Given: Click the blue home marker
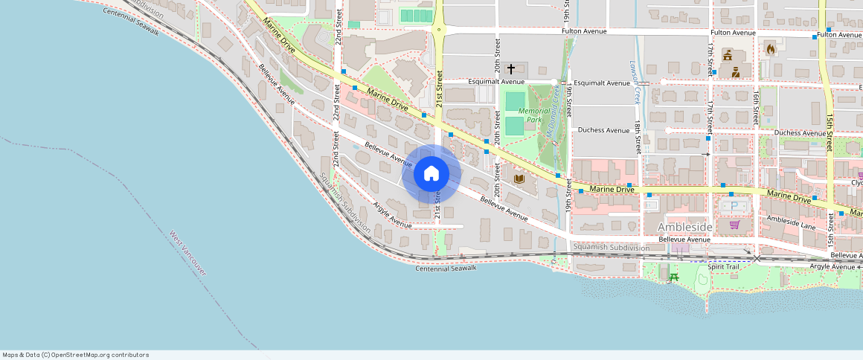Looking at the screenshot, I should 431,174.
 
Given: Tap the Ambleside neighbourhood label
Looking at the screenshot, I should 684,226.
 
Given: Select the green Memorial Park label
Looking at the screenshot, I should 534,115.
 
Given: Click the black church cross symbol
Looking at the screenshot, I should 511,68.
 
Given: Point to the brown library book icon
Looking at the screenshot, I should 519,179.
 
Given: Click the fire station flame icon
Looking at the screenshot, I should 770,49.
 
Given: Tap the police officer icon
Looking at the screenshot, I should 735,72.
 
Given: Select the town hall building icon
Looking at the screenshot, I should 727,54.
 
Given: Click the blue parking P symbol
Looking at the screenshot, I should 734,205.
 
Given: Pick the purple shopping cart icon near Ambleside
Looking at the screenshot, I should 734,225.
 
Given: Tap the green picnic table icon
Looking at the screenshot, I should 674,277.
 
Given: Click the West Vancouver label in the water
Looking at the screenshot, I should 187,253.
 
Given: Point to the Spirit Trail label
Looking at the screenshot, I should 723,266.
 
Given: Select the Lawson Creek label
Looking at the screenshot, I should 637,83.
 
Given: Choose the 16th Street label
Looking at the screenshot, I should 756,108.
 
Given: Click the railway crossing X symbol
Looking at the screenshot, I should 757,259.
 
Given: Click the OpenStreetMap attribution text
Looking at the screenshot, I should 76,355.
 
